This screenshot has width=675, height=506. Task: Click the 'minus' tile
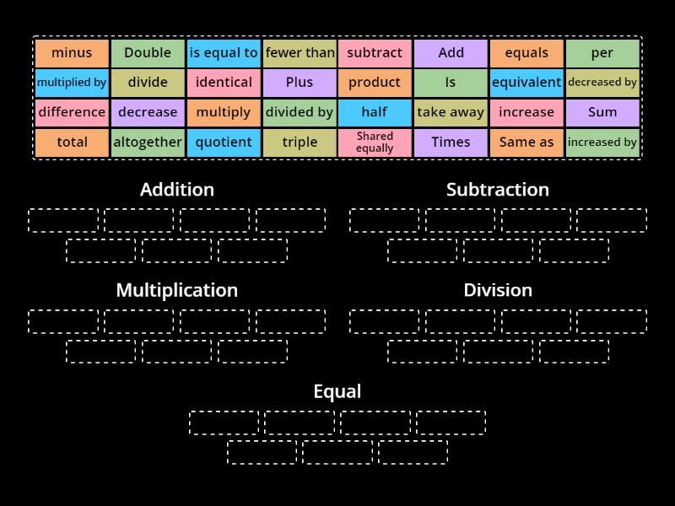[x=72, y=53]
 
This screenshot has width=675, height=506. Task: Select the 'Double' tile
[x=148, y=53]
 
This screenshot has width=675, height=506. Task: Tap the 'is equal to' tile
[x=224, y=53]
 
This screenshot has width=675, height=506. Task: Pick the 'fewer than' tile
[x=300, y=53]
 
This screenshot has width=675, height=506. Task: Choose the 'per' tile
[x=602, y=53]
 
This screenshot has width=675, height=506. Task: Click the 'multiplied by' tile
[x=72, y=83]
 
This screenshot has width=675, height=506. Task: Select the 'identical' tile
[x=224, y=83]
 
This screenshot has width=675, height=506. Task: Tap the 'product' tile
[x=375, y=83]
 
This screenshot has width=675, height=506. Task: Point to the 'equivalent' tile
[x=526, y=83]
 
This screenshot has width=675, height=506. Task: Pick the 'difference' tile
[x=72, y=112]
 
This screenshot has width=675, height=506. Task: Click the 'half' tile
[x=375, y=112]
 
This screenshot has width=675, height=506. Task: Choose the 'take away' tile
[x=451, y=112]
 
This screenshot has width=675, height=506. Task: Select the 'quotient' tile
[x=224, y=143]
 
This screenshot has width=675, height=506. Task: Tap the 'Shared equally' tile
[x=375, y=143]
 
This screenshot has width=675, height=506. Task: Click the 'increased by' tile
[x=602, y=143]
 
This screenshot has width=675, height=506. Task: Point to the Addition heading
[x=177, y=190]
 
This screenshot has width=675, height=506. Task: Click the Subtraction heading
[x=498, y=190]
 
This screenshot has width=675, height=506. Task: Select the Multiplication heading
[x=177, y=290]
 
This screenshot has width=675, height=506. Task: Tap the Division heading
[x=498, y=290]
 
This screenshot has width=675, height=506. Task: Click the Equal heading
[x=337, y=391]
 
